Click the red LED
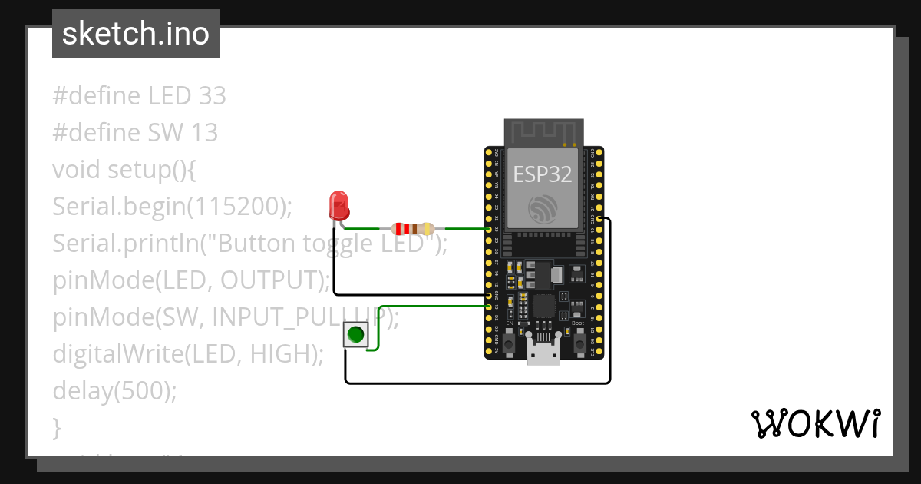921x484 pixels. click(338, 205)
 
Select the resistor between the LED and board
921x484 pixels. click(413, 228)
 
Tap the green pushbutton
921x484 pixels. click(355, 335)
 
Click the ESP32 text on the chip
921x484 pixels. click(543, 174)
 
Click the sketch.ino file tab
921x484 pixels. click(136, 34)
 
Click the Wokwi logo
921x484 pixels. click(815, 423)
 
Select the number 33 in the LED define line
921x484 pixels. click(212, 96)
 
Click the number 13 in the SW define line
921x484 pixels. click(204, 133)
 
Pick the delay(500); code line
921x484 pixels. click(115, 391)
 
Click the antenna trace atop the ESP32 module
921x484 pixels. click(543, 131)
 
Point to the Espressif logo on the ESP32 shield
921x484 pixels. click(543, 208)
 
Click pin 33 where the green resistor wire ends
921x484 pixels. click(489, 229)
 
